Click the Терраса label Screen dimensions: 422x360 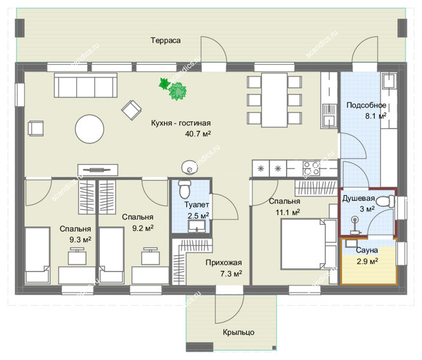point(165,41)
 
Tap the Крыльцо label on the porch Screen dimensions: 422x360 point(238,332)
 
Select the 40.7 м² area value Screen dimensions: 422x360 point(198,134)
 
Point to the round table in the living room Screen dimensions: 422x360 point(90,128)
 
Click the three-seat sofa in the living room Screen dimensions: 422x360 point(86,85)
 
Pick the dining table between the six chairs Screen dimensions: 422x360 point(275,100)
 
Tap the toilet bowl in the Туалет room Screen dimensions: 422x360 point(184,189)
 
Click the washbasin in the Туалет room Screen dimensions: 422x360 point(196,226)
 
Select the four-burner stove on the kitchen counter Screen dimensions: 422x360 point(311,169)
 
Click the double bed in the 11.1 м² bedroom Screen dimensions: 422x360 point(308,244)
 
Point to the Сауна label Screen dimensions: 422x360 point(367,251)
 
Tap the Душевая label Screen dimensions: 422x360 point(358,198)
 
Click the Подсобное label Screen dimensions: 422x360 point(366,106)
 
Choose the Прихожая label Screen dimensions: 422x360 point(224,263)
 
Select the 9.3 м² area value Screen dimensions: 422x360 point(80,239)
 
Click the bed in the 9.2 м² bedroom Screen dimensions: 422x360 point(111,255)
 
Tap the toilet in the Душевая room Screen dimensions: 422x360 point(385,202)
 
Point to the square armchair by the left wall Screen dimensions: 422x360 point(36,128)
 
